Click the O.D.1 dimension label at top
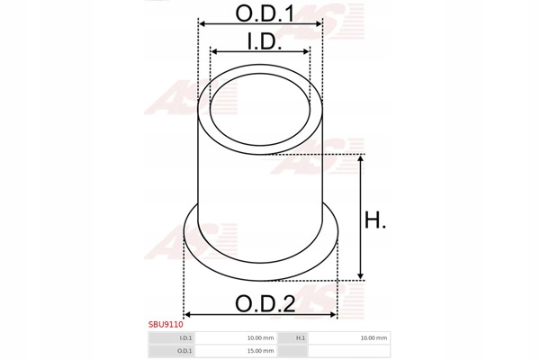tap(265, 13)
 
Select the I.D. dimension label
tap(265, 41)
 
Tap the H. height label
tap(375, 220)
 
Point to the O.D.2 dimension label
tap(265, 304)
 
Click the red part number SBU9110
tap(166, 325)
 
